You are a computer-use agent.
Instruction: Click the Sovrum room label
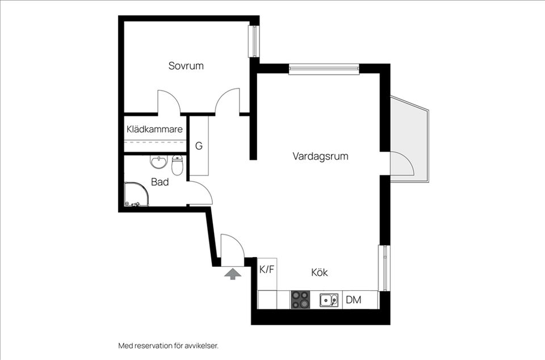click(186, 66)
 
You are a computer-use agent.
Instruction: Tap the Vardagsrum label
click(320, 156)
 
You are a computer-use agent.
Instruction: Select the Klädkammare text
click(154, 129)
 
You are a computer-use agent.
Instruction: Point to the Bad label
click(160, 182)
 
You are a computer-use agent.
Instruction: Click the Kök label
click(320, 273)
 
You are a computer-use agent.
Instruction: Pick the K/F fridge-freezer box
click(267, 270)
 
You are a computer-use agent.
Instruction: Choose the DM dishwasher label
click(353, 300)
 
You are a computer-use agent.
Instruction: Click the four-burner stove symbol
click(301, 300)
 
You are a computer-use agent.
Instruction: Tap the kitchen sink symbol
click(328, 300)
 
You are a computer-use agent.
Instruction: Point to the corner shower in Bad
click(136, 195)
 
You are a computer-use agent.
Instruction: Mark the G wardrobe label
click(199, 146)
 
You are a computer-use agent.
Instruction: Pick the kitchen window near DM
click(384, 268)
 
